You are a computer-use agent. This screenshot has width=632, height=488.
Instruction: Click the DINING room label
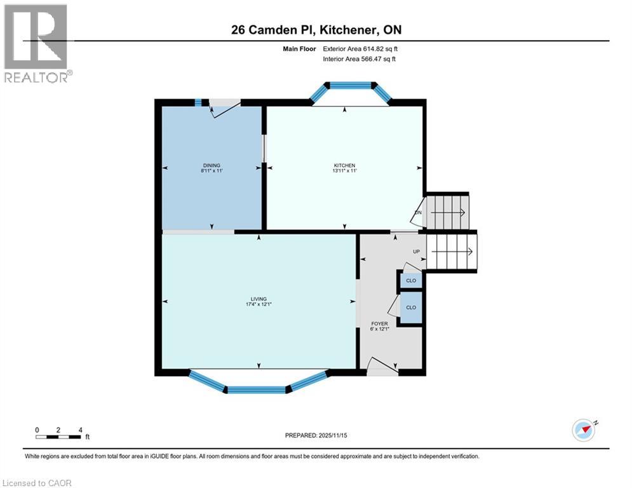pyautogui.click(x=212, y=165)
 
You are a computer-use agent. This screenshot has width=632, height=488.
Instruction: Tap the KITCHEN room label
pyautogui.click(x=344, y=165)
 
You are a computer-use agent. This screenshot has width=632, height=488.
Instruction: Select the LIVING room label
pyautogui.click(x=259, y=299)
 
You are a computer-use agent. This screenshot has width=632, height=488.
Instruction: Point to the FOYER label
pyautogui.click(x=379, y=323)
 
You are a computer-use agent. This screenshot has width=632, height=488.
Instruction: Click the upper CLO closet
pyautogui.click(x=411, y=280)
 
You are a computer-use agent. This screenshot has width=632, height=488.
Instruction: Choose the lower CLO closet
pyautogui.click(x=411, y=308)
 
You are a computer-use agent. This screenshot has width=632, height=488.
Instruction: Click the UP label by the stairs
pyautogui.click(x=417, y=252)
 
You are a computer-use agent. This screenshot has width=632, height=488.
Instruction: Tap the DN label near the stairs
pyautogui.click(x=418, y=212)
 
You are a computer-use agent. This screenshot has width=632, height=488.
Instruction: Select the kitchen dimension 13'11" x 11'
pyautogui.click(x=344, y=172)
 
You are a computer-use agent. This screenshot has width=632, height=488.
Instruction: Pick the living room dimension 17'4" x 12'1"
pyautogui.click(x=259, y=304)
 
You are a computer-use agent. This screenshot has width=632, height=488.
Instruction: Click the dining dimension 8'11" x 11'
pyautogui.click(x=212, y=172)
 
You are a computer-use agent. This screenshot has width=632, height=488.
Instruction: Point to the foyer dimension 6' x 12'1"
pyautogui.click(x=379, y=330)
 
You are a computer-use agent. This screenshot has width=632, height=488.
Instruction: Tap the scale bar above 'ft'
pyautogui.click(x=58, y=437)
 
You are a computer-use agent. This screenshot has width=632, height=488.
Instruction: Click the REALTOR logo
pyautogui.click(x=37, y=43)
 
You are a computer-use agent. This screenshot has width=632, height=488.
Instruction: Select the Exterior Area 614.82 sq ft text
pyautogui.click(x=361, y=48)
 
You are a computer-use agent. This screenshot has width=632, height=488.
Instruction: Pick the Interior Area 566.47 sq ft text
pyautogui.click(x=361, y=59)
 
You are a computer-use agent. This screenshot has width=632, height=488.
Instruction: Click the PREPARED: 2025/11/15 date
pyautogui.click(x=317, y=435)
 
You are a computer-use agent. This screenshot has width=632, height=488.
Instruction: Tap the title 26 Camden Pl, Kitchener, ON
pyautogui.click(x=316, y=30)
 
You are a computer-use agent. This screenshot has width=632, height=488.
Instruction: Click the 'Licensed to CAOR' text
pyautogui.click(x=38, y=483)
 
